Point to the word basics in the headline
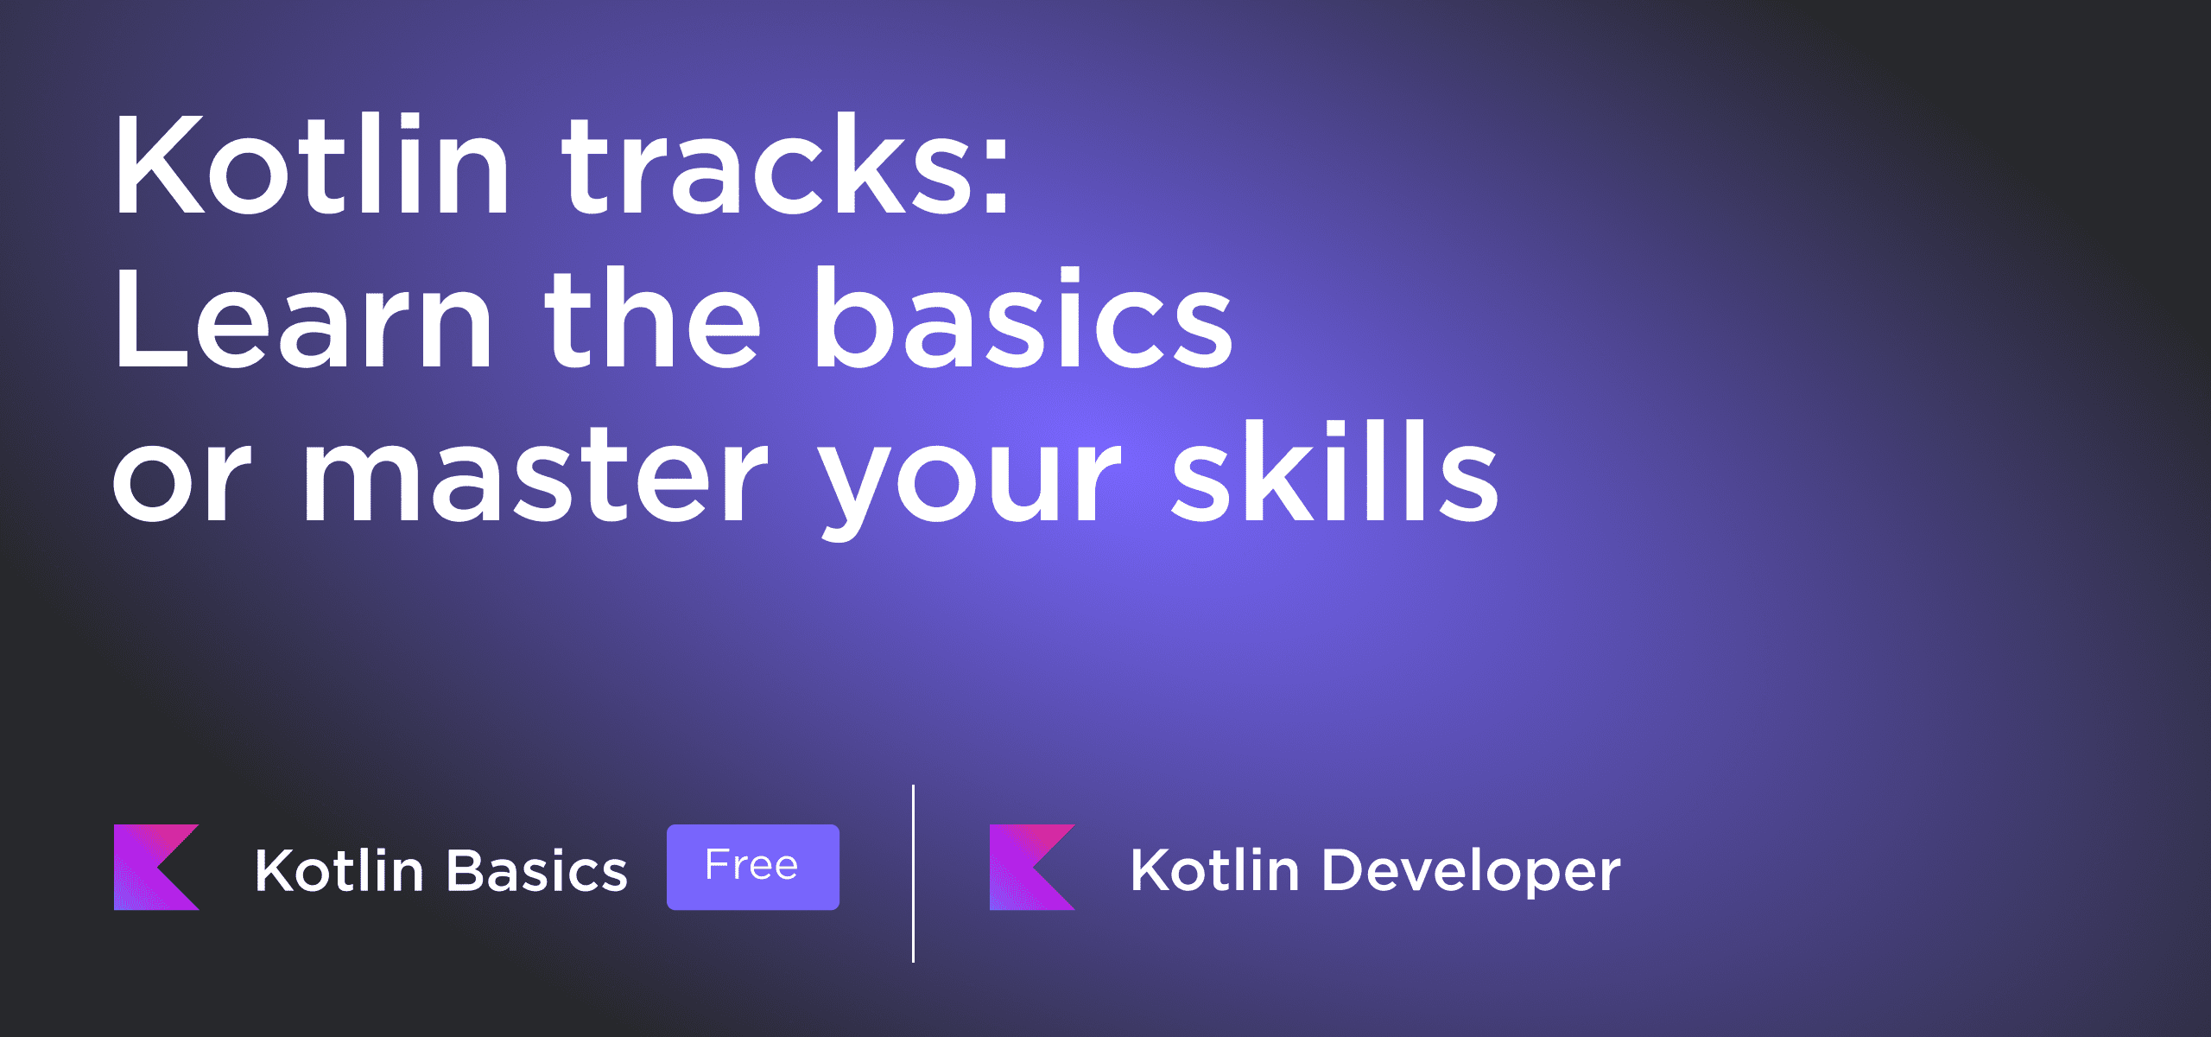1023,317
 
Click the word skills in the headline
1335,472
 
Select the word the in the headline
652,317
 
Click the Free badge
752,867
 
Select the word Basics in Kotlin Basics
536,870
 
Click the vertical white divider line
913,873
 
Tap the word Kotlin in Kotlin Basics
339,870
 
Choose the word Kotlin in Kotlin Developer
1215,869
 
